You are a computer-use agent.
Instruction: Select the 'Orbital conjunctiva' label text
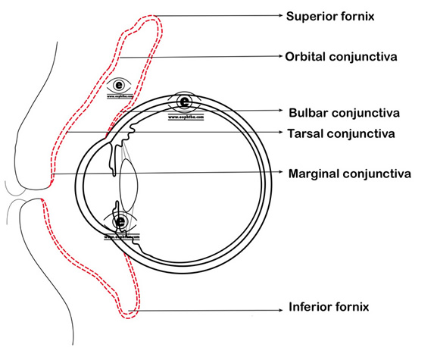tap(342, 57)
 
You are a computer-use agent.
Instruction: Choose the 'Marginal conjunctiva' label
tap(350, 174)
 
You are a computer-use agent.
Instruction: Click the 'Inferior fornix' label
tap(329, 307)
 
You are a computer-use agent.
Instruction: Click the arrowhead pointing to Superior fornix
tap(279, 14)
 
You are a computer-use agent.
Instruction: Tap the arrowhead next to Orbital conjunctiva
tap(279, 57)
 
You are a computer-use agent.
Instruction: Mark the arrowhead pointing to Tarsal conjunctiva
tap(279, 133)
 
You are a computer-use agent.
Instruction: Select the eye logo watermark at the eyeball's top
tap(185, 104)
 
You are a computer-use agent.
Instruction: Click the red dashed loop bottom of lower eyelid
tap(131, 311)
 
